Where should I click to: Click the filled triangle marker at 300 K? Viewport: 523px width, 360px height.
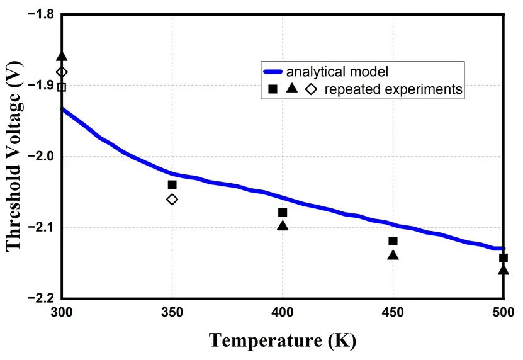point(62,57)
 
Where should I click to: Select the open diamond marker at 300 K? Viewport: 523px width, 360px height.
point(62,72)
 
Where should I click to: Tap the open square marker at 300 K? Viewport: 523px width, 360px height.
point(62,87)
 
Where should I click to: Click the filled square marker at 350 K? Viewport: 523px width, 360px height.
point(172,184)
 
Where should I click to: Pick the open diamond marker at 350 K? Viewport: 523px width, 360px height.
point(172,200)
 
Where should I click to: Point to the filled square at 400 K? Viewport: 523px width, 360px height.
point(283,213)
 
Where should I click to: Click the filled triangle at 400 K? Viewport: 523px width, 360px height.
point(283,225)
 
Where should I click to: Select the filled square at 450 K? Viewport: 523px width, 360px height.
point(393,241)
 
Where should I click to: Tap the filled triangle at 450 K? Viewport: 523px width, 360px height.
point(393,255)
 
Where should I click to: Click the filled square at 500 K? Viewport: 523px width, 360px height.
point(503,258)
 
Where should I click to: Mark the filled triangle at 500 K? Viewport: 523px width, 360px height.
point(503,270)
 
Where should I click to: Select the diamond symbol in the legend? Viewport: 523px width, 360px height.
point(311,89)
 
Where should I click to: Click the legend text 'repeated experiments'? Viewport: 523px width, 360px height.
point(393,89)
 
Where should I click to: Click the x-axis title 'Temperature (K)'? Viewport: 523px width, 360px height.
point(283,340)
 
